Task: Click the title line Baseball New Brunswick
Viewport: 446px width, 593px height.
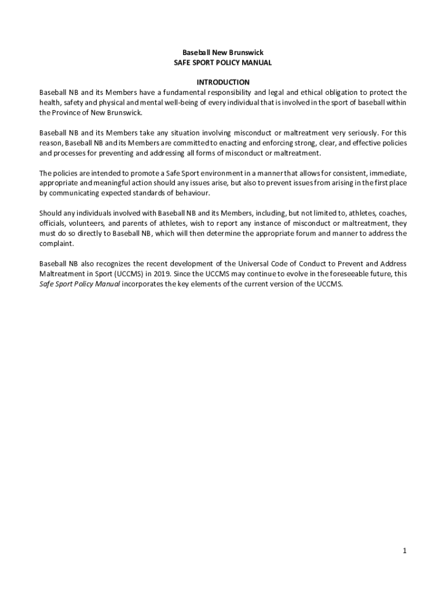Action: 223,53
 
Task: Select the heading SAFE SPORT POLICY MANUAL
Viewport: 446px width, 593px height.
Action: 223,63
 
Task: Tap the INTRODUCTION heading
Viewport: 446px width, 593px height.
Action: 223,82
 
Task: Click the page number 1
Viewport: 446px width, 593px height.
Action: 405,551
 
